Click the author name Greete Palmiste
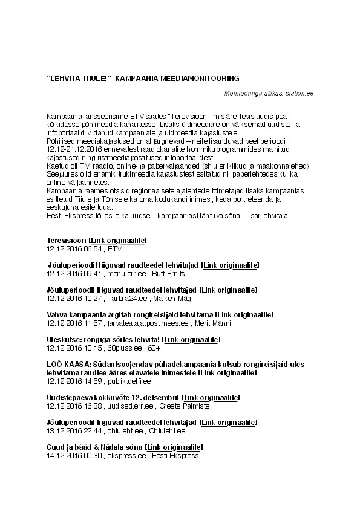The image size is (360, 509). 185,406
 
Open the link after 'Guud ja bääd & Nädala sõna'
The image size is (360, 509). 174,447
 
